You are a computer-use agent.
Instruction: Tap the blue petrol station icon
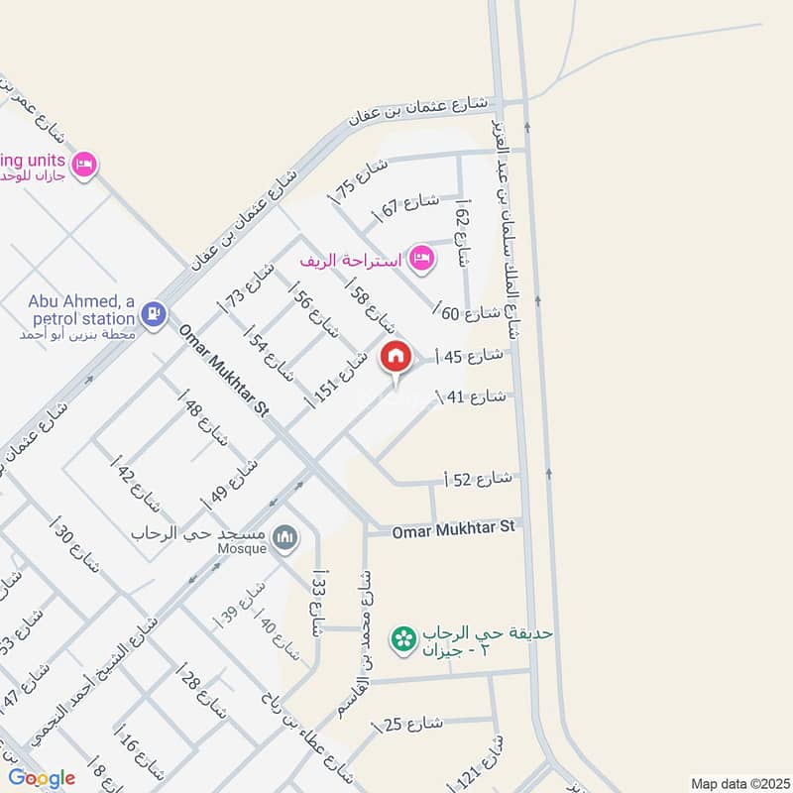(152, 314)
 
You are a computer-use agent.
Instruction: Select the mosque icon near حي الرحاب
(286, 537)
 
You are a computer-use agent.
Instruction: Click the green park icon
(403, 639)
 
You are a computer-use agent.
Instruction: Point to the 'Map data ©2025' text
(738, 781)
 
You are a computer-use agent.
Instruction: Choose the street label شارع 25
(409, 725)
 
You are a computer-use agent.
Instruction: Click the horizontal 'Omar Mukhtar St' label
(453, 530)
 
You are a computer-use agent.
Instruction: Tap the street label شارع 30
(78, 547)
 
